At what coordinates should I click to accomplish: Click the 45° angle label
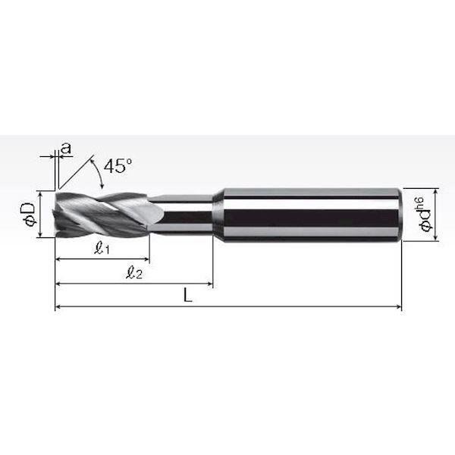[x=118, y=166]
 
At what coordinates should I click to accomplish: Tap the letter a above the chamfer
[x=67, y=148]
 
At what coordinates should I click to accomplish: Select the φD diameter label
[x=30, y=214]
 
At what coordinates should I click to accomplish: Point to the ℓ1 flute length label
[x=102, y=248]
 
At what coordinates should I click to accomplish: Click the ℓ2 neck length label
[x=134, y=273]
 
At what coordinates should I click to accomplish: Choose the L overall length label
[x=188, y=296]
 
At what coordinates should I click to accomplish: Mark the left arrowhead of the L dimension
[x=58, y=306]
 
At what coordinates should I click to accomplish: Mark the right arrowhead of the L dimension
[x=399, y=306]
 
